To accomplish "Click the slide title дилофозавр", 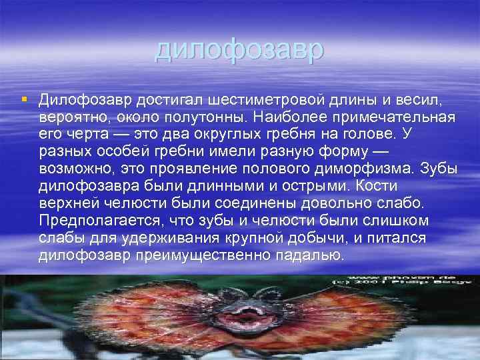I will [239, 50].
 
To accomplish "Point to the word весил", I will [419, 100].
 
